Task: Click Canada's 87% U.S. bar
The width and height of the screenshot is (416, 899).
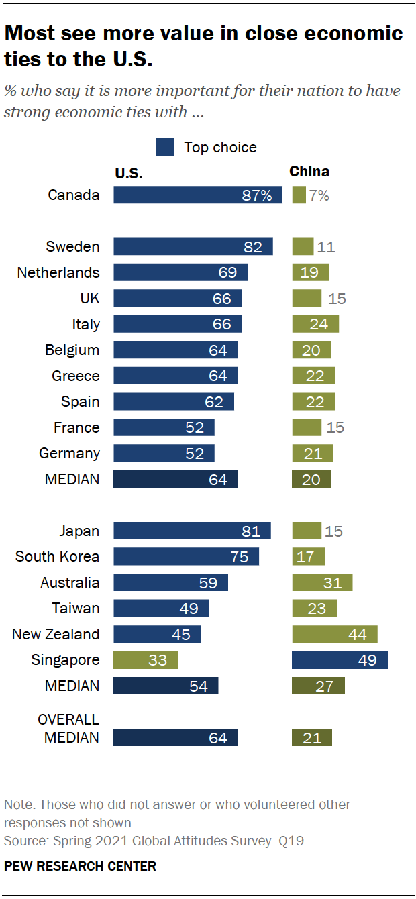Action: point(198,195)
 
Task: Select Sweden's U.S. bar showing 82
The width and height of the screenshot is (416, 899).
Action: point(193,246)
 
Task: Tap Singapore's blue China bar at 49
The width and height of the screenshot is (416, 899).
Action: point(340,659)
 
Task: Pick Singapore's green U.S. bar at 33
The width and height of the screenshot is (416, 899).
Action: point(146,659)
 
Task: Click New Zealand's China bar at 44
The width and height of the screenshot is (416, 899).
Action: point(334,634)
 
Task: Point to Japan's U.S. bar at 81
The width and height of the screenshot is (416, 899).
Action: point(192,531)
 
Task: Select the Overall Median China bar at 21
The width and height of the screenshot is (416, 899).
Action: point(311,737)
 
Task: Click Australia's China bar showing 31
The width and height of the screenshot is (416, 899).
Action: point(322,582)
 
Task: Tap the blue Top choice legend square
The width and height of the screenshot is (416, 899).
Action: point(165,147)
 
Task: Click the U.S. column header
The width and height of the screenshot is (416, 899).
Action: point(129,172)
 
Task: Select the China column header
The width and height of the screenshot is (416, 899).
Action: point(309,172)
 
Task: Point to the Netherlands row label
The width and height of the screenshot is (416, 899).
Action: point(58,272)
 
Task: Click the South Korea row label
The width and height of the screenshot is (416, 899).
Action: point(57,557)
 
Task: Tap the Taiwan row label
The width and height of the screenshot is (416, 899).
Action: point(76,609)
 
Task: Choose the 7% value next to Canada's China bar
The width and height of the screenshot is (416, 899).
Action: point(319,196)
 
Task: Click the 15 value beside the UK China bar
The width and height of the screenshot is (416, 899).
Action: point(337,299)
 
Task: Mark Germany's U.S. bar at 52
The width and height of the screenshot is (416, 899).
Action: point(164,453)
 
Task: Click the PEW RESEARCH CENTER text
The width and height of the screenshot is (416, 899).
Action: point(80,866)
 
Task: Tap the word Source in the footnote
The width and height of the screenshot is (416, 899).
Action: point(22,840)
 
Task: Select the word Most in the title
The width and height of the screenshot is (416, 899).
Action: point(31,34)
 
